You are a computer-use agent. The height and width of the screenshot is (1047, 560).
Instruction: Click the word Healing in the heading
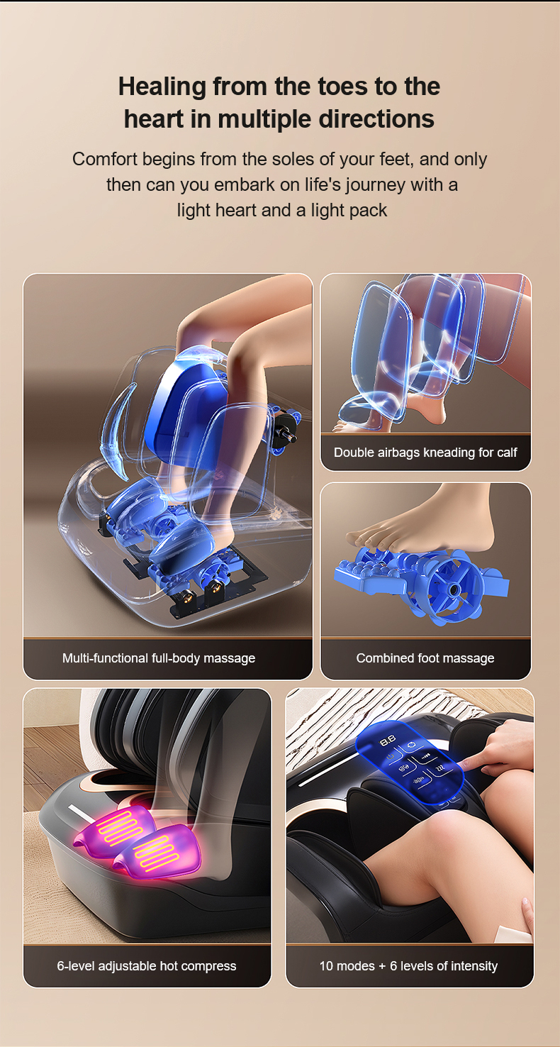coord(162,87)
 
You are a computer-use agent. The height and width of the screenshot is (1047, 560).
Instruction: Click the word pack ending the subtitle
coord(369,211)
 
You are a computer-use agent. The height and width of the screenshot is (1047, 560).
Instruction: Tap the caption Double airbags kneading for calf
coord(425,453)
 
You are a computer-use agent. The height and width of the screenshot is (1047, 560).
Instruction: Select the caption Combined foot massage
coord(425,658)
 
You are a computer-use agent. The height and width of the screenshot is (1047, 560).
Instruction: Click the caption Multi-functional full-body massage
coord(159,658)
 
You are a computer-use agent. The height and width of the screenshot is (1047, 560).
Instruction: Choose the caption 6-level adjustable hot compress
coord(147,965)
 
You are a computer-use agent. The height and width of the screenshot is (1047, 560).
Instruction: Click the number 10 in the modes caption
coord(325,965)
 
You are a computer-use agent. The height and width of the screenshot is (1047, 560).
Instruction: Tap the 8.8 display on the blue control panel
coord(388,741)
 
